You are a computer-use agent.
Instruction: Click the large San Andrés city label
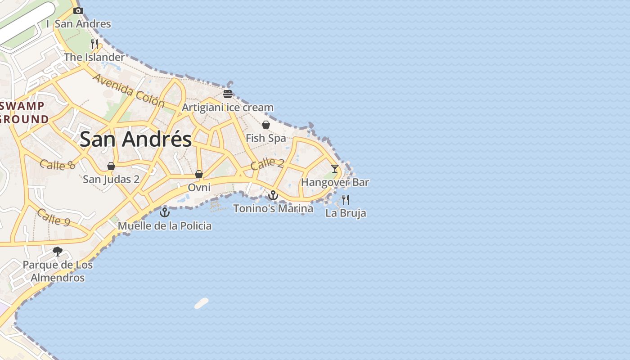[135, 139]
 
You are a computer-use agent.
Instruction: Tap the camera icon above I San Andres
[78, 10]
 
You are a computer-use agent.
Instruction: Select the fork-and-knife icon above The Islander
[94, 44]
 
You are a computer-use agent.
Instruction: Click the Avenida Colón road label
[129, 90]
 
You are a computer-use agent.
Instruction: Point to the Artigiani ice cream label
[227, 108]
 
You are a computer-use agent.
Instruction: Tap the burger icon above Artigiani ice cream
[228, 94]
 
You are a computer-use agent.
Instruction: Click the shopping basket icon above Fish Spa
[266, 125]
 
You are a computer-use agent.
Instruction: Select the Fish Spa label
[265, 138]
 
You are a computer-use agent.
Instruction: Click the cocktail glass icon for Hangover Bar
[335, 169]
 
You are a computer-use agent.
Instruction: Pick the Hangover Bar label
[335, 182]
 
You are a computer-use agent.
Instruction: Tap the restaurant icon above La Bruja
[346, 199]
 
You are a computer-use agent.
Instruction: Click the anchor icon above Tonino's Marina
[273, 195]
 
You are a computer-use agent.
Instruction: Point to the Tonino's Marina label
[273, 208]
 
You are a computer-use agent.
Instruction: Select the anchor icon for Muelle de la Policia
[165, 212]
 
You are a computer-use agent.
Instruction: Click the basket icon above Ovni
[199, 174]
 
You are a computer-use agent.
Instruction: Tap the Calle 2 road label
[267, 164]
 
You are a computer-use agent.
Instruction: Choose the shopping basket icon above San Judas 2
[111, 166]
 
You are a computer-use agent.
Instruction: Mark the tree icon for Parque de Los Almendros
[58, 252]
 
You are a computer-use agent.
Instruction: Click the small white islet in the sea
[202, 303]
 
